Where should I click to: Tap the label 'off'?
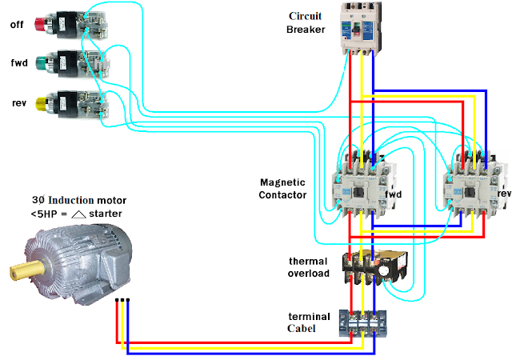click(17, 24)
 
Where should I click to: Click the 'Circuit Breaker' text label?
click(306, 22)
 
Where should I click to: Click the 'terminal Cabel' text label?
click(309, 322)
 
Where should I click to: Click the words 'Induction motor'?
click(89, 200)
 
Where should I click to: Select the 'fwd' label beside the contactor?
click(394, 194)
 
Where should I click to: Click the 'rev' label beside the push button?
click(17, 102)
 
